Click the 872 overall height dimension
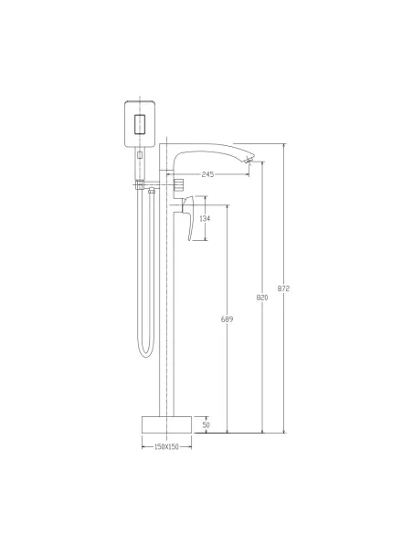click(x=283, y=288)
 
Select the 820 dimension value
click(x=262, y=298)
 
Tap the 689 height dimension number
click(x=227, y=319)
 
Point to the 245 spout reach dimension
click(x=207, y=174)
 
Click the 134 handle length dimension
click(x=205, y=218)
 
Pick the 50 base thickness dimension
click(x=206, y=425)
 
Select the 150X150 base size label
click(x=166, y=446)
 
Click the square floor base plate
click(x=166, y=424)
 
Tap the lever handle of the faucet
click(x=188, y=217)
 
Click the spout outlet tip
click(x=250, y=160)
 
